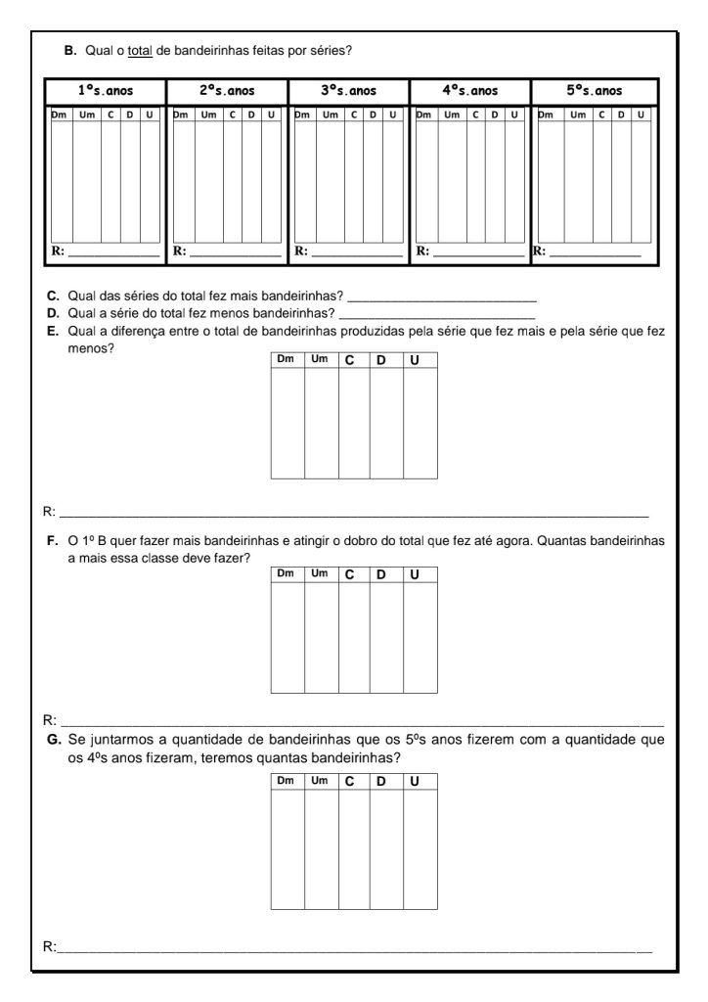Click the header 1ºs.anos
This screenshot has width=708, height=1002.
point(106,91)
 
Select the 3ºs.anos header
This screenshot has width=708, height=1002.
point(349,91)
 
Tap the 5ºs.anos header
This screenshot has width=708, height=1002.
point(594,91)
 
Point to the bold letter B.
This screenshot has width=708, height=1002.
point(69,51)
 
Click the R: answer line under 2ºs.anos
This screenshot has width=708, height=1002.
point(235,253)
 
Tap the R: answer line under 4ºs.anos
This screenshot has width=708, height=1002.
point(478,253)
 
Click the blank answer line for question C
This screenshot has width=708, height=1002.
point(442,297)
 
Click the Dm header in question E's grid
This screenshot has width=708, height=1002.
point(287,360)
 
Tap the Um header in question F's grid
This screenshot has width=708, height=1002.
point(320,574)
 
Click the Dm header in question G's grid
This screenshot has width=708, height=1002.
point(287,781)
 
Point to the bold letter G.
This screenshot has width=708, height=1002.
point(53,741)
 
